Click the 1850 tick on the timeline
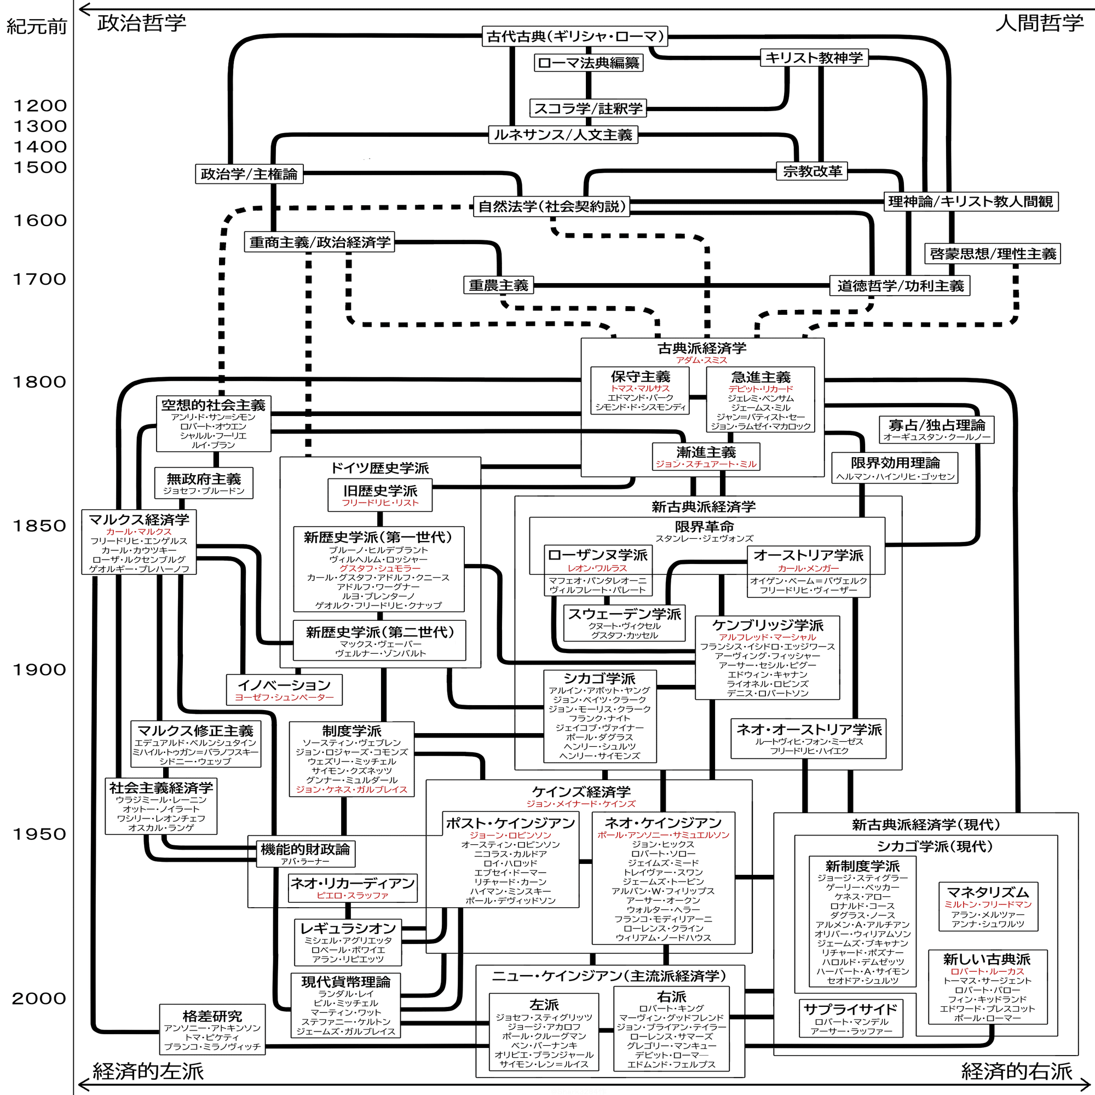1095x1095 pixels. tap(39, 526)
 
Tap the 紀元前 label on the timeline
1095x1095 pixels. tap(36, 27)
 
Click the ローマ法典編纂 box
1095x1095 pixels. tap(589, 62)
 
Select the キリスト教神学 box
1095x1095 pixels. tap(814, 57)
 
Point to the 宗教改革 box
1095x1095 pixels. tap(812, 171)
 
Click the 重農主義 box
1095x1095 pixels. tap(498, 285)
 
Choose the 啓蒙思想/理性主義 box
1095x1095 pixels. tap(993, 253)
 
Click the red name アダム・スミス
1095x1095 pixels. tap(701, 360)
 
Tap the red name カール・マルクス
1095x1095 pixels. tap(139, 532)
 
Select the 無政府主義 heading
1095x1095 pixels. tap(204, 479)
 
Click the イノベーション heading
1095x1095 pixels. tap(284, 685)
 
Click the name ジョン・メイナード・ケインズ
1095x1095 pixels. tap(581, 804)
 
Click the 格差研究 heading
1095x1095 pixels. tap(212, 1016)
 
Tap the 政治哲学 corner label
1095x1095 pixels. tap(142, 23)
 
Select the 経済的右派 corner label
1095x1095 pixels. tap(1017, 1071)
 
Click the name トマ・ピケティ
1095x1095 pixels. tap(212, 1037)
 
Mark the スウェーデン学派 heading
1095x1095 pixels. tap(625, 614)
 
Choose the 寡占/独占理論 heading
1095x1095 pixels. tap(937, 425)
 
